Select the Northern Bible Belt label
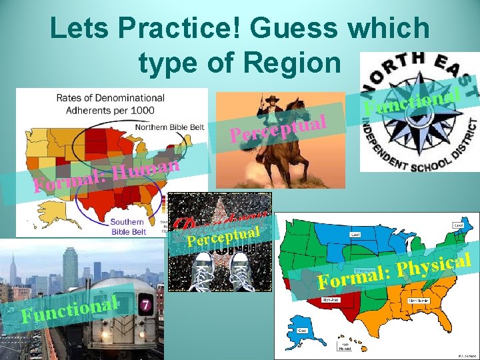coord(170,127)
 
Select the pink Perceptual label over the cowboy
coord(277,127)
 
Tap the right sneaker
coord(243,274)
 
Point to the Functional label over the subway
coord(70,307)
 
